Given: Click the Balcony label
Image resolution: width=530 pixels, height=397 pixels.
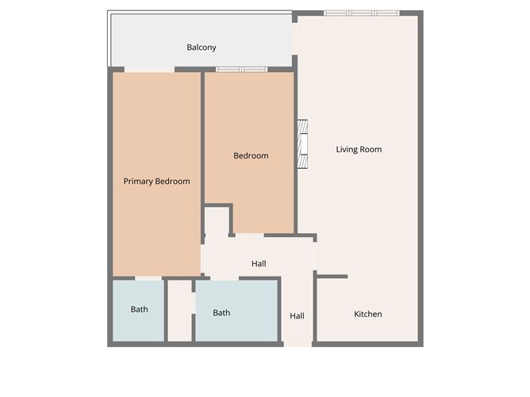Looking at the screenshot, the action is pyautogui.click(x=202, y=48).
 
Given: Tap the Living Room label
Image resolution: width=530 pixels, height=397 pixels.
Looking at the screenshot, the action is pyautogui.click(x=359, y=149).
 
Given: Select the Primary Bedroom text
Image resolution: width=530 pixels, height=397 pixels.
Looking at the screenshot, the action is pyautogui.click(x=156, y=181).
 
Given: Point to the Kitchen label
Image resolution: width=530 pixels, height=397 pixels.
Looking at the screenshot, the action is pyautogui.click(x=368, y=314).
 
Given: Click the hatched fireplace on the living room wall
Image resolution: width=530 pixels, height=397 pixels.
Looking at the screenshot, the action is pyautogui.click(x=302, y=144).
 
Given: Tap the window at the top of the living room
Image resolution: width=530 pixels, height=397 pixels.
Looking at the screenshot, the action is pyautogui.click(x=362, y=13).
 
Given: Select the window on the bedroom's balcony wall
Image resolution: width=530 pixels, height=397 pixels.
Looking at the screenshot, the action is pyautogui.click(x=242, y=70).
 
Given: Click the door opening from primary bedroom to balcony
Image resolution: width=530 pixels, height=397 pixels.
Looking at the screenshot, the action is pyautogui.click(x=149, y=70).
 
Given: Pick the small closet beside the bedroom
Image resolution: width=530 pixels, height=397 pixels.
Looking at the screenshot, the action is pyautogui.click(x=217, y=221).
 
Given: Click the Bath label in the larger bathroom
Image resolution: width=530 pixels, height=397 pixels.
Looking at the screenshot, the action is pyautogui.click(x=221, y=313).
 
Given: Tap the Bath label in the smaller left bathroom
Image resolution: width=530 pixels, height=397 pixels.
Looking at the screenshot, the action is pyautogui.click(x=140, y=309).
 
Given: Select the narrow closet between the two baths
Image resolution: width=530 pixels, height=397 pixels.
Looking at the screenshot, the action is pyautogui.click(x=180, y=311).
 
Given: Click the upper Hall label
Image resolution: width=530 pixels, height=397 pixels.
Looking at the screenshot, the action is pyautogui.click(x=259, y=264).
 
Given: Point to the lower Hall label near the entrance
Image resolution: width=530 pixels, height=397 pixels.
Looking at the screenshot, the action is pyautogui.click(x=297, y=316).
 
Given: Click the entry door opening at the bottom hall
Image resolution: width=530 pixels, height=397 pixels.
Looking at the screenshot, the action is pyautogui.click(x=298, y=344).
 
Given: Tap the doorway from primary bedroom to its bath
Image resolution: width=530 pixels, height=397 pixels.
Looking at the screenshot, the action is pyautogui.click(x=148, y=278).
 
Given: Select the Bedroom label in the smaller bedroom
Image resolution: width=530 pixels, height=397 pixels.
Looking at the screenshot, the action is pyautogui.click(x=251, y=155).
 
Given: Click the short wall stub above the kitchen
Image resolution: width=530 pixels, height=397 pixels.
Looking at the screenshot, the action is pyautogui.click(x=332, y=277).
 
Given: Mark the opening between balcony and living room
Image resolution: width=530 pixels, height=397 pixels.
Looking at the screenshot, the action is pyautogui.click(x=294, y=39).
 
